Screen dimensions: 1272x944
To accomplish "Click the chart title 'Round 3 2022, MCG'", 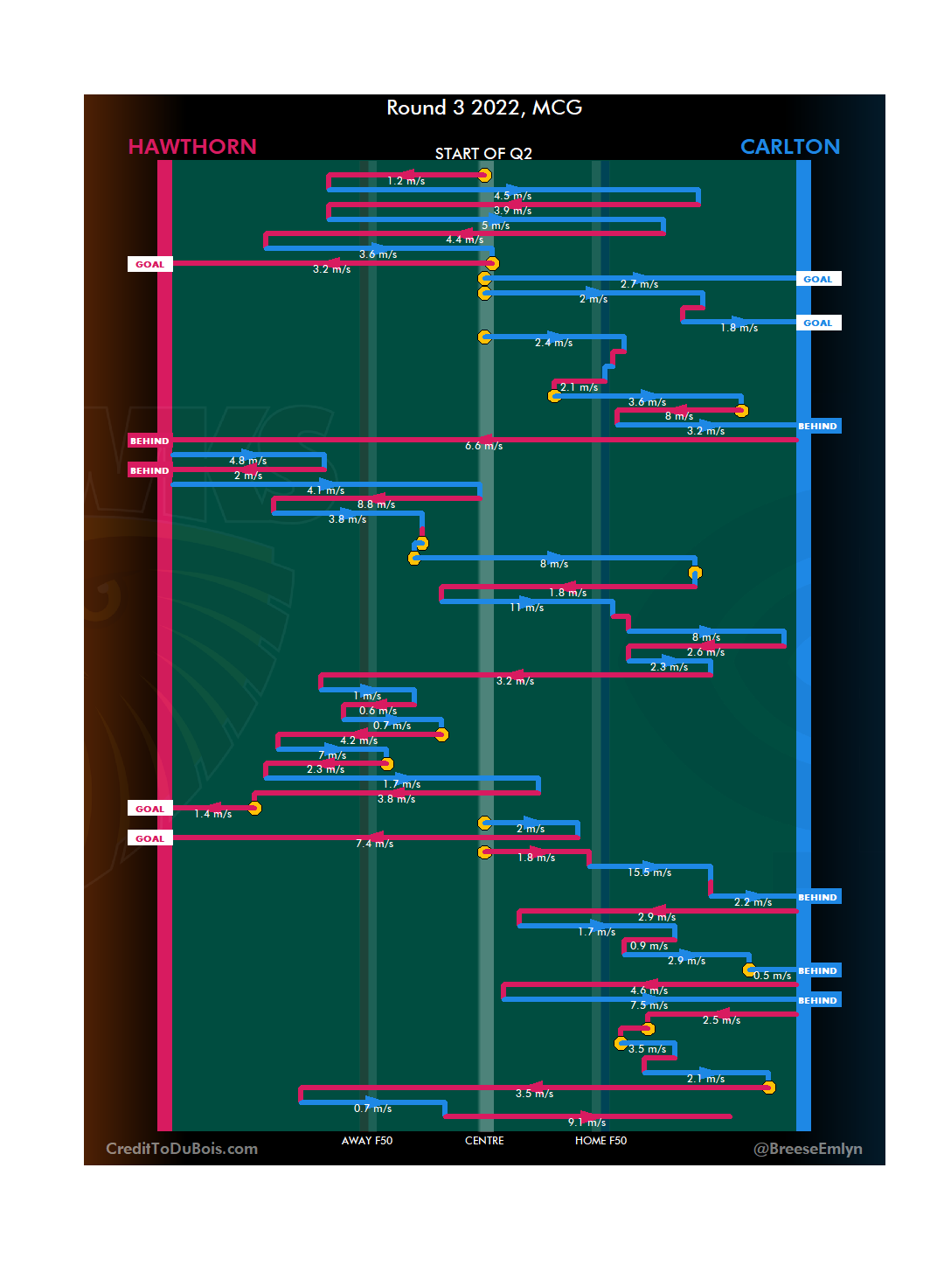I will tap(484, 108).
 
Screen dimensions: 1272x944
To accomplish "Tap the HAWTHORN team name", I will tap(192, 147).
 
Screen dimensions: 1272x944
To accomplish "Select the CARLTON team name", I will tap(789, 147).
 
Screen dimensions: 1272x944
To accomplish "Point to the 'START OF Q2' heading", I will tap(483, 154).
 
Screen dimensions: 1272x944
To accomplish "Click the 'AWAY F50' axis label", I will tap(367, 1141).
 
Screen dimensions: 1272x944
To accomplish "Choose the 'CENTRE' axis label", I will tap(484, 1141).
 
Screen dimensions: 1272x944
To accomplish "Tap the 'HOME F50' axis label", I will tap(600, 1141).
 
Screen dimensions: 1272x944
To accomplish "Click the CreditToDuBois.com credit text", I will tap(182, 1149).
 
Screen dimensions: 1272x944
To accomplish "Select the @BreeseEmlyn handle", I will tap(808, 1149).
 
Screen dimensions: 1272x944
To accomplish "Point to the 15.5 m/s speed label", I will tap(649, 872).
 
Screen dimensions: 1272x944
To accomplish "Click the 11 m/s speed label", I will tap(526, 608).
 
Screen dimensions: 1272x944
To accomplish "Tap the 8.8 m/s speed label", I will tap(376, 504).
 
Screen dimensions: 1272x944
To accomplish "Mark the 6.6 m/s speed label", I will tap(483, 446).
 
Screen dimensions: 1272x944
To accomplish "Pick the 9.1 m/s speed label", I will tap(587, 1123).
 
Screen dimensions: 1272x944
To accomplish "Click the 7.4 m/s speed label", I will tap(374, 844).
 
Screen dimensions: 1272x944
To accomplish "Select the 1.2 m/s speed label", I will tap(406, 181).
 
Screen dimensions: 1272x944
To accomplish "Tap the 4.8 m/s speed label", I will tap(247, 461).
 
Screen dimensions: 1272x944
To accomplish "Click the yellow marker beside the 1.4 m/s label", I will tap(254, 808).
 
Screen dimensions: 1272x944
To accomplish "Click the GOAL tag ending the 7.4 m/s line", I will tap(149, 838).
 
